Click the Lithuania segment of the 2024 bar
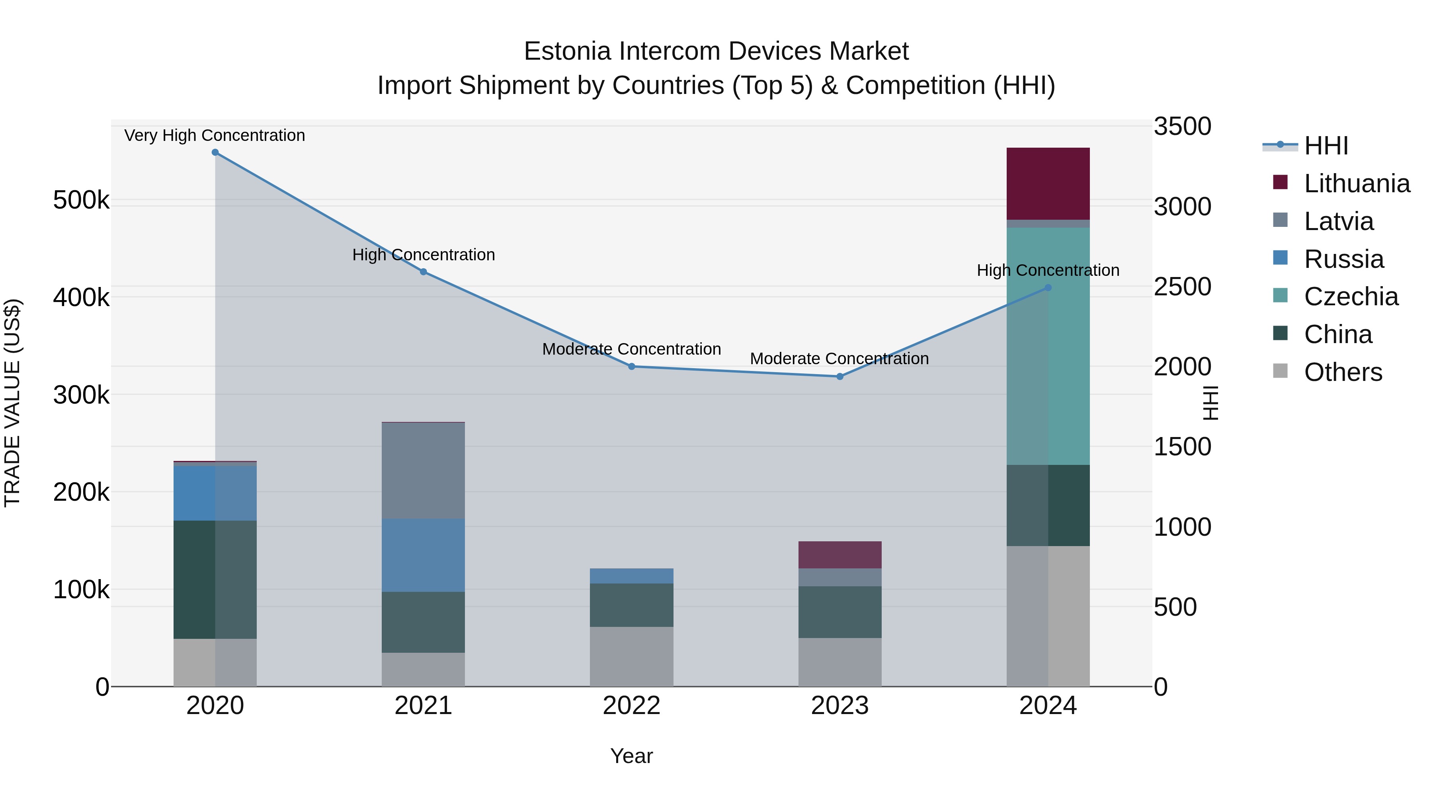pyautogui.click(x=1048, y=183)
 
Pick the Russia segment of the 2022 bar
pyautogui.click(x=631, y=576)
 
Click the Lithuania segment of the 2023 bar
pyautogui.click(x=839, y=554)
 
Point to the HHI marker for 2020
pyautogui.click(x=215, y=152)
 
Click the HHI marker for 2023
pyautogui.click(x=840, y=377)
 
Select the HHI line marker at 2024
pyautogui.click(x=1048, y=288)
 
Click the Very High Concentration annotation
pyautogui.click(x=215, y=135)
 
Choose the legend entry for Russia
pyautogui.click(x=1343, y=259)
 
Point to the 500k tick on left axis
pyautogui.click(x=81, y=200)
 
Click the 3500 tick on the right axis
pyautogui.click(x=1181, y=126)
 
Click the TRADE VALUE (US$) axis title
pyautogui.click(x=12, y=403)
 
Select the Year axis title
pyautogui.click(x=631, y=756)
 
